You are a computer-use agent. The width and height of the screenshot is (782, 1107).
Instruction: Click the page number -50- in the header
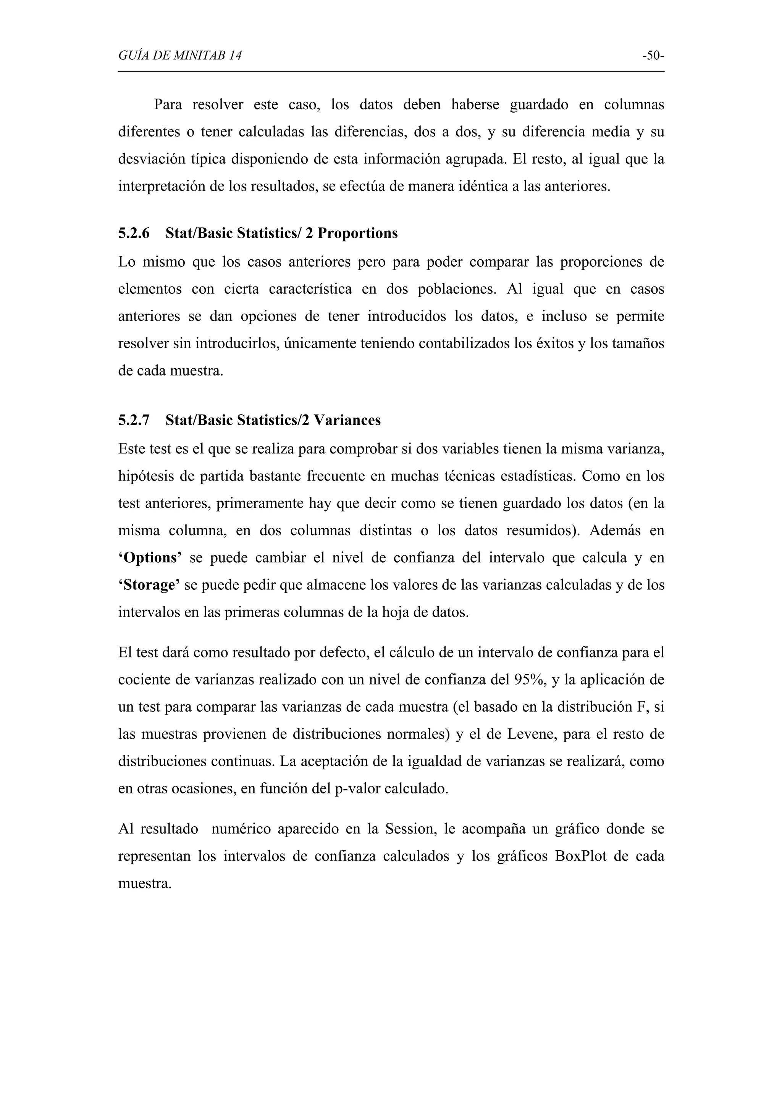click(x=653, y=56)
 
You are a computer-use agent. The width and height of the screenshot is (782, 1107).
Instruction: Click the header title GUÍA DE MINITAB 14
click(x=180, y=56)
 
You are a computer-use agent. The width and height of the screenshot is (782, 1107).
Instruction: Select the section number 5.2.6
click(x=134, y=233)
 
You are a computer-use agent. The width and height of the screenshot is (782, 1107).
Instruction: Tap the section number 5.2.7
click(x=134, y=421)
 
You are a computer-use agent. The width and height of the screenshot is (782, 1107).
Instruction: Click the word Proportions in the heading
click(x=357, y=233)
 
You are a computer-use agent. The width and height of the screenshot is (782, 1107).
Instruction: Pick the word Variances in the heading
click(x=347, y=421)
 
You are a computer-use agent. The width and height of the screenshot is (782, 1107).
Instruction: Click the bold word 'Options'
click(x=150, y=558)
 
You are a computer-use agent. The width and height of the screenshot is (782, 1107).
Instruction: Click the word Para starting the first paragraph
click(x=168, y=105)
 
